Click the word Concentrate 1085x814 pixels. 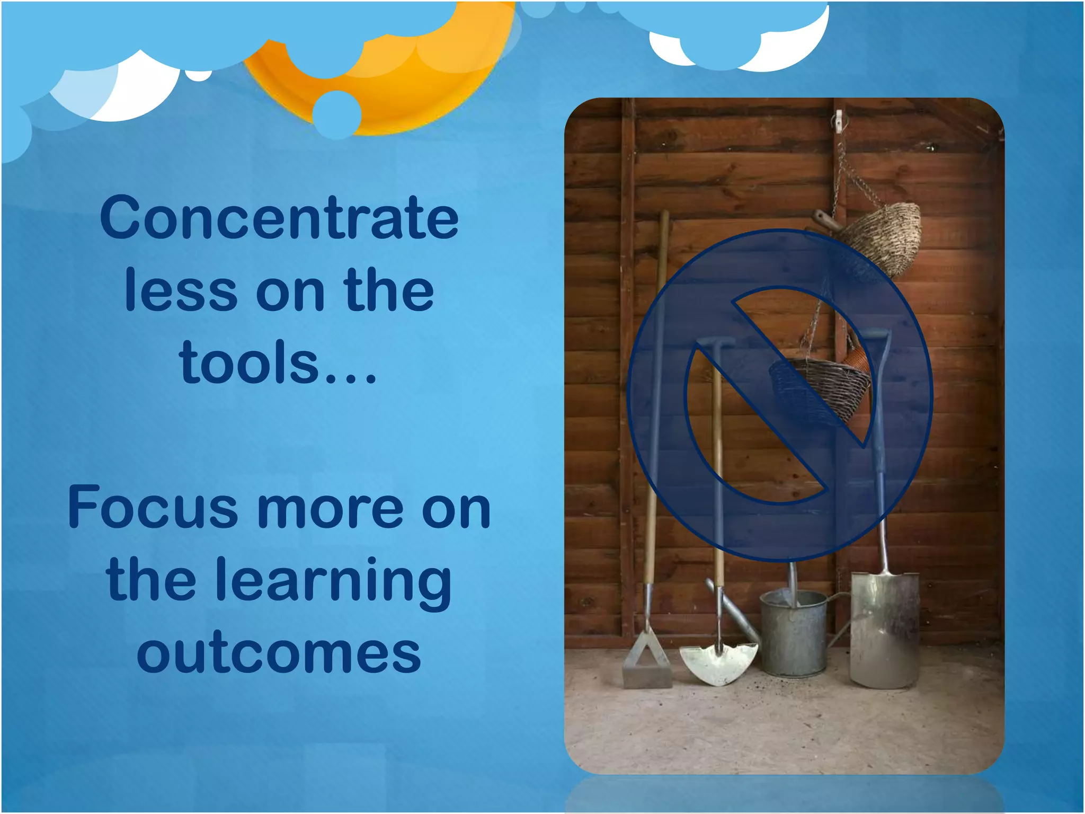tap(279, 218)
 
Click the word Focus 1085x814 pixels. tap(153, 507)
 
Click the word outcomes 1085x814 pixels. tap(279, 653)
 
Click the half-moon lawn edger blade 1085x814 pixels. tap(718, 663)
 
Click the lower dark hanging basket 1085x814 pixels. tap(819, 387)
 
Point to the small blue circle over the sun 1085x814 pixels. tap(336, 114)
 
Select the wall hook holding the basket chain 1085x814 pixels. tap(839, 121)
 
